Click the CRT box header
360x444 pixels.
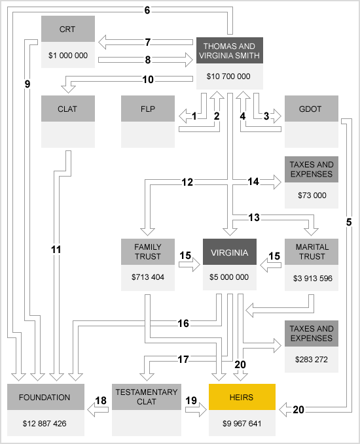(68, 29)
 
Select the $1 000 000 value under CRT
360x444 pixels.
(68, 55)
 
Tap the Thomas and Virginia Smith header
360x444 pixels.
(230, 50)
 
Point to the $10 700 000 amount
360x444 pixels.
(228, 76)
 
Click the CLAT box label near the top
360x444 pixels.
(68, 109)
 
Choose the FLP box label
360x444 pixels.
(148, 109)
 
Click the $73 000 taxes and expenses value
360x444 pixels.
(312, 195)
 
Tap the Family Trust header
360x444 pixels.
(148, 252)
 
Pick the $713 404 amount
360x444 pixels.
(148, 277)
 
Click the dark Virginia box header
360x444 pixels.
(230, 252)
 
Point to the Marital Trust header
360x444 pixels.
(312, 252)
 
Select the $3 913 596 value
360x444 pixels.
(313, 279)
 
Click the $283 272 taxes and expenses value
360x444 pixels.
(312, 360)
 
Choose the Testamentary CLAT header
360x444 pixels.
(147, 397)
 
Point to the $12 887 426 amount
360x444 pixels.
(45, 423)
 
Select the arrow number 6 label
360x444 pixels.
(147, 10)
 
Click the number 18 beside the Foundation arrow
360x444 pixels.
(101, 400)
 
